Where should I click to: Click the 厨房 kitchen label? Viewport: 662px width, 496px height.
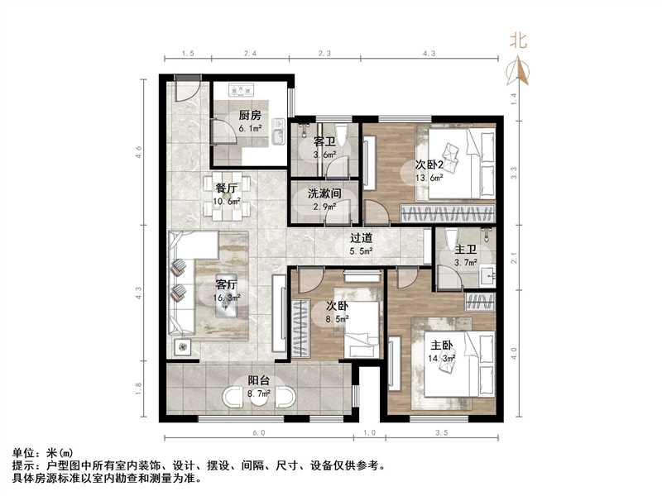tap(251, 116)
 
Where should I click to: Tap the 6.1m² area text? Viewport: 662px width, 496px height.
tap(251, 129)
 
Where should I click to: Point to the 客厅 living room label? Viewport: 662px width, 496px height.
tap(227, 282)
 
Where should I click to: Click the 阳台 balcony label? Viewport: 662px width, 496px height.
tap(258, 381)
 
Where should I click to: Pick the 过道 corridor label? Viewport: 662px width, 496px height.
tap(361, 238)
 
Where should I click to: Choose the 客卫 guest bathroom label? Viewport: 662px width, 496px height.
tap(324, 141)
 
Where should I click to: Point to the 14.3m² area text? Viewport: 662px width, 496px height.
tap(442, 359)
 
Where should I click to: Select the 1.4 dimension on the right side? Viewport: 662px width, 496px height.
tap(513, 97)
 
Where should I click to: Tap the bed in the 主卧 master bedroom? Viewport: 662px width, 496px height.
tap(452, 364)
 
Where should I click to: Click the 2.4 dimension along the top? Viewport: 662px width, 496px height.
tap(250, 54)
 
